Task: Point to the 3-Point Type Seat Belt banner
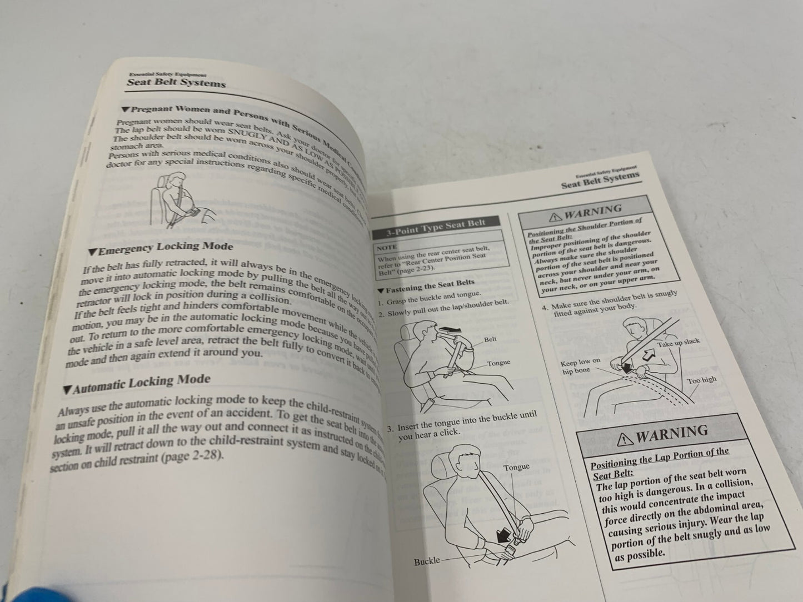click(x=436, y=227)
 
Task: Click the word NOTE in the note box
click(x=387, y=248)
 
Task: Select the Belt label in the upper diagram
click(x=490, y=339)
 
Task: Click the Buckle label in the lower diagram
click(x=427, y=561)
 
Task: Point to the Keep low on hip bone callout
click(x=581, y=366)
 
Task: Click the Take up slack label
click(x=679, y=343)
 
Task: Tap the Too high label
click(x=701, y=380)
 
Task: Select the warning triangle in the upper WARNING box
click(x=555, y=216)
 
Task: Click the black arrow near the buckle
click(x=505, y=534)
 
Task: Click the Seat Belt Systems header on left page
click(x=176, y=83)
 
